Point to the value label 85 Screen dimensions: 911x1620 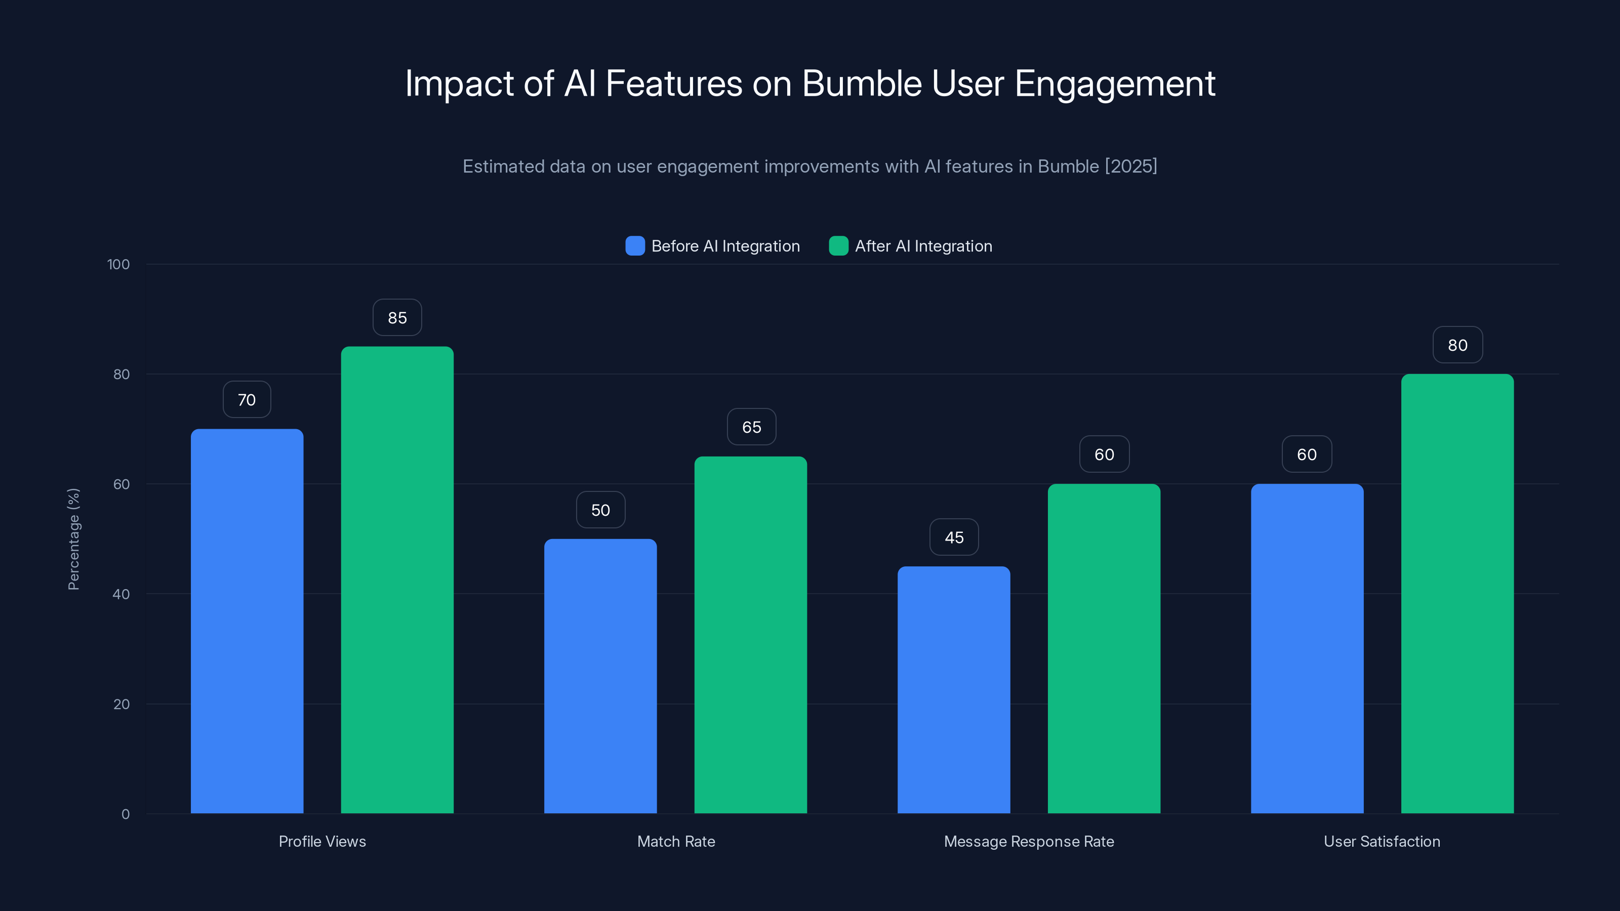[397, 317]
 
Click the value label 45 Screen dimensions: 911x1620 [953, 537]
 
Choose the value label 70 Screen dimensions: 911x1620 [247, 400]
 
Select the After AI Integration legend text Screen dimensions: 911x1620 [923, 246]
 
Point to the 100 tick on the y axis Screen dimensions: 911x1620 [118, 265]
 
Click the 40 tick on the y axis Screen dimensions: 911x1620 [121, 594]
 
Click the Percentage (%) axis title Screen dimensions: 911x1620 [73, 539]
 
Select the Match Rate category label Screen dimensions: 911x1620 [675, 841]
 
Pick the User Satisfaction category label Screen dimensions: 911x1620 [1381, 841]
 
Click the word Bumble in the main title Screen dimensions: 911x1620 [862, 83]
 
